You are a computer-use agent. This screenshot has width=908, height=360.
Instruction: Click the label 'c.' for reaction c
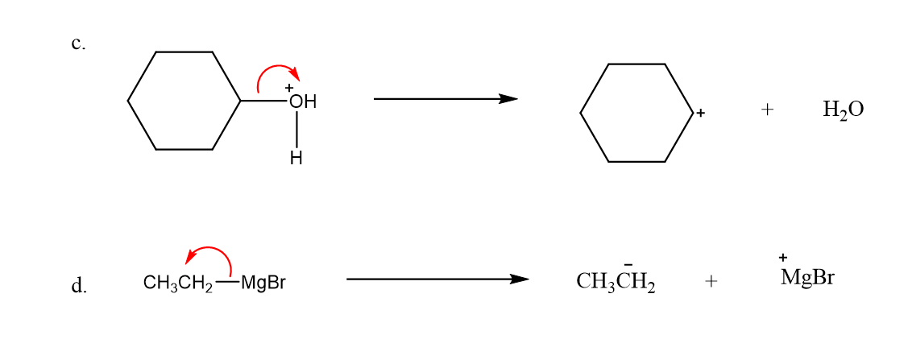[x=77, y=43]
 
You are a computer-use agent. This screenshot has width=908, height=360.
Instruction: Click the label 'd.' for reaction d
[x=78, y=285]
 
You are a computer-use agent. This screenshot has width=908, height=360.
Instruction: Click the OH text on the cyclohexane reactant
[x=302, y=102]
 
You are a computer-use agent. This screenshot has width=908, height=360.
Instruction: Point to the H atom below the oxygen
[x=296, y=159]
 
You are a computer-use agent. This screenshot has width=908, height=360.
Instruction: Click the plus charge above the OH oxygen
[x=289, y=87]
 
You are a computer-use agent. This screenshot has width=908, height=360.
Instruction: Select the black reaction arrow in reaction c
[x=445, y=99]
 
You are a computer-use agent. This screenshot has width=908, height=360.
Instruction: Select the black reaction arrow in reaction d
[x=437, y=279]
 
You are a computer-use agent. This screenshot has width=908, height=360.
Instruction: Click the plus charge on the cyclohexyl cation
[x=701, y=114]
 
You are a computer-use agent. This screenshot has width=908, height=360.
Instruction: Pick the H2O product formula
[x=843, y=110]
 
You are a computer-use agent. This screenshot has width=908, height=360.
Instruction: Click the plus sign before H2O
[x=767, y=110]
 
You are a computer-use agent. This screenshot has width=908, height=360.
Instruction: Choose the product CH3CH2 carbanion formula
[x=616, y=282]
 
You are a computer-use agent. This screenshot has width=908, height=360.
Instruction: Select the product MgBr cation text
[x=807, y=279]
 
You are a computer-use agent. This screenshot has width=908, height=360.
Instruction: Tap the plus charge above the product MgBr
[x=783, y=257]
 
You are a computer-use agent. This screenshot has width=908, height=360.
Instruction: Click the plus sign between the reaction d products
[x=710, y=281]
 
